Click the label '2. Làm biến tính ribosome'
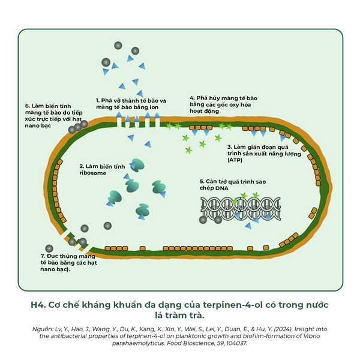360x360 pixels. pos(102,170)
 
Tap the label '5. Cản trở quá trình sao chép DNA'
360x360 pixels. pos(233,185)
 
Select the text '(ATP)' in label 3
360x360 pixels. pos(235,160)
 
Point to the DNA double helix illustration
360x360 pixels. pos(241,209)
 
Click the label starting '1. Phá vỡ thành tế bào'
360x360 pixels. pos(131,104)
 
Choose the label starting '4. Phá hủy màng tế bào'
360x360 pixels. pos(223,104)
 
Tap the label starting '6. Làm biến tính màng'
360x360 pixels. pos(54,116)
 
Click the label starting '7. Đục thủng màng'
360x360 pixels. pos(68,262)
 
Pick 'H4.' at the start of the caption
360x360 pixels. pos(38,305)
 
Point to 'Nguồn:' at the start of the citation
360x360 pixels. pos(43,329)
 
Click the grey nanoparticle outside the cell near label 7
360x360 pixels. pos(49,248)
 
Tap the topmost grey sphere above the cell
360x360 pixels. pos(118,46)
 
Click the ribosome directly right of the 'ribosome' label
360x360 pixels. pos(137,165)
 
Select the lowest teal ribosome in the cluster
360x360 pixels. pos(142,210)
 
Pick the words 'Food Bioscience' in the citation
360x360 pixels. pos(191,343)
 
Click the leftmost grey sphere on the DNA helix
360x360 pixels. pos(203,220)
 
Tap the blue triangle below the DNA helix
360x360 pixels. pos(248,226)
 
